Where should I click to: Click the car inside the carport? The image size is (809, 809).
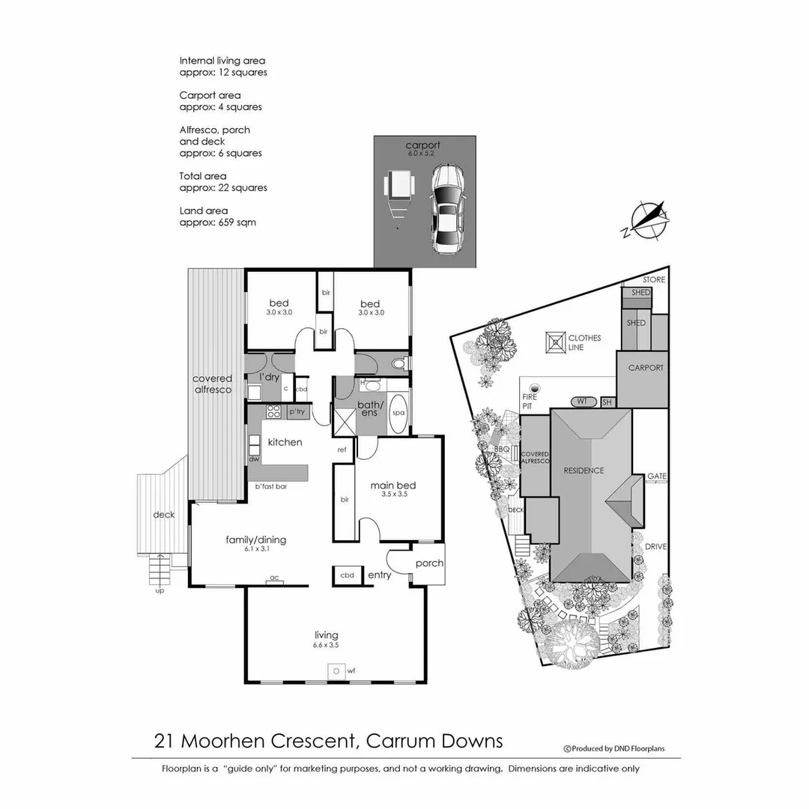447,210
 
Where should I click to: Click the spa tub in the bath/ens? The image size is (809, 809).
399,413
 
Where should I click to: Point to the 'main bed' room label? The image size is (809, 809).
393,485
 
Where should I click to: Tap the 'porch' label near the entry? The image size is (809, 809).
429,563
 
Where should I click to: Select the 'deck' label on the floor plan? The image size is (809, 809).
164,515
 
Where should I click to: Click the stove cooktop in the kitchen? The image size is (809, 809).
273,411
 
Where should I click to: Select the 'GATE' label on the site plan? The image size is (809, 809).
657,476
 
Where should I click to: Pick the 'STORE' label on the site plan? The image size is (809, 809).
654,280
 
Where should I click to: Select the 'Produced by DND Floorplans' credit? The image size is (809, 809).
613,748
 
